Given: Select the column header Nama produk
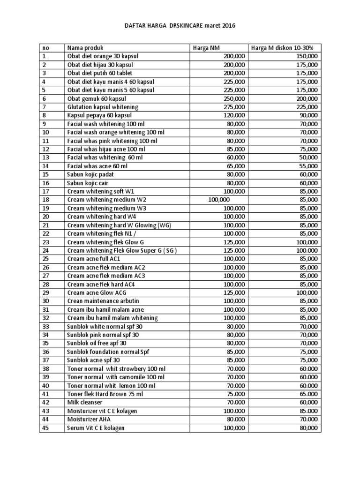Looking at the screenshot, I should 85,48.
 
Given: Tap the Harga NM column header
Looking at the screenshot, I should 206,48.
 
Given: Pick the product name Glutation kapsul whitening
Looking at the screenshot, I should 103,107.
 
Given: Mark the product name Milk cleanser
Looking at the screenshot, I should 85,402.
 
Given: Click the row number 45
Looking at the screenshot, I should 45,427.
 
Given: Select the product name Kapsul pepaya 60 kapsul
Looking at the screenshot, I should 99,115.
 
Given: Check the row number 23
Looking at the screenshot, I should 45,242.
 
